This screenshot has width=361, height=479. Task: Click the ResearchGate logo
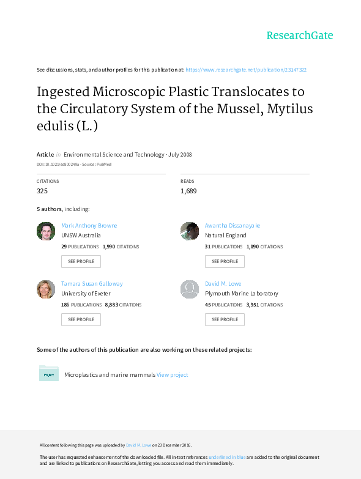click(x=300, y=35)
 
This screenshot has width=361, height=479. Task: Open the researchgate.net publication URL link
click(x=246, y=70)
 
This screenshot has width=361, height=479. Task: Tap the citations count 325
click(x=42, y=191)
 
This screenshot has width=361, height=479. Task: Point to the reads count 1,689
click(x=188, y=191)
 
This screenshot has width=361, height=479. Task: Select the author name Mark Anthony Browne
click(x=89, y=226)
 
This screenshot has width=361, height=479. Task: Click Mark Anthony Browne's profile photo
click(x=46, y=231)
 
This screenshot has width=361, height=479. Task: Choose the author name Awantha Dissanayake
click(x=233, y=226)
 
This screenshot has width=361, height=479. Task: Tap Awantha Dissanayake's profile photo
click(x=190, y=231)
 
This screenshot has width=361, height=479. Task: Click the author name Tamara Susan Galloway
click(x=92, y=283)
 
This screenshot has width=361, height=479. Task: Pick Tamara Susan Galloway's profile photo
click(x=46, y=289)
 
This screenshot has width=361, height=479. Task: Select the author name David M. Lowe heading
click(x=223, y=283)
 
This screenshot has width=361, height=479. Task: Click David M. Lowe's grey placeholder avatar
click(x=190, y=289)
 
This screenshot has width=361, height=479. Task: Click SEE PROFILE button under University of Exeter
click(x=81, y=319)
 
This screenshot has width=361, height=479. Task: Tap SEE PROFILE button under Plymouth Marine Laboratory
click(x=225, y=319)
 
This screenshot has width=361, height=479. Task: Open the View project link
click(x=173, y=375)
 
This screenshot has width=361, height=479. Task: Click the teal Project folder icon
click(x=49, y=373)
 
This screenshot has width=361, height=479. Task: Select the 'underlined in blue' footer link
click(x=227, y=457)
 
